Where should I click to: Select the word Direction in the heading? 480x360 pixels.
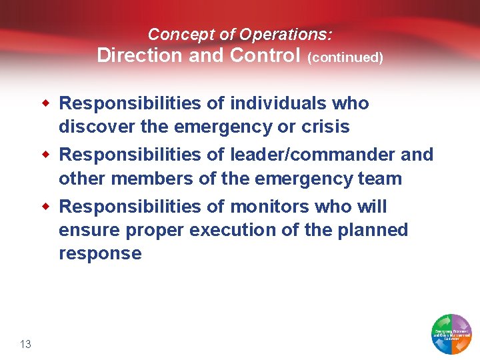(140, 55)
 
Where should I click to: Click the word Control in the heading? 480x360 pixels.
(265, 55)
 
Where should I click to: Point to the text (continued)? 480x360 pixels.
(345, 57)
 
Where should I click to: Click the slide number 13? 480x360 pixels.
(26, 344)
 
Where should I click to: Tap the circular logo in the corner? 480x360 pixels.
(452, 333)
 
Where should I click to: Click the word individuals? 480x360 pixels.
(277, 103)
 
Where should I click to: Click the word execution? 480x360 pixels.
(254, 230)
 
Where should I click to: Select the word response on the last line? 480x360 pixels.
(100, 254)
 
